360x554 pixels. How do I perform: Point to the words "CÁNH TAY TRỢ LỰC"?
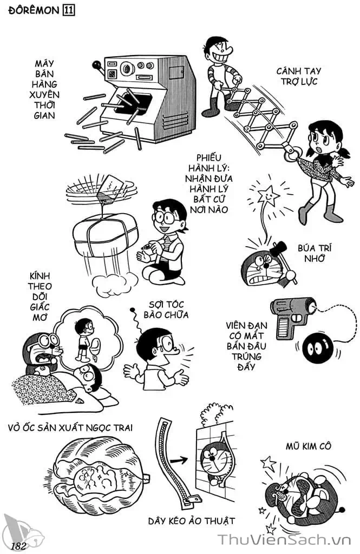(x=297, y=76)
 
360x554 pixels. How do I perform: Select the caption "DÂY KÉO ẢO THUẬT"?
(x=192, y=520)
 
